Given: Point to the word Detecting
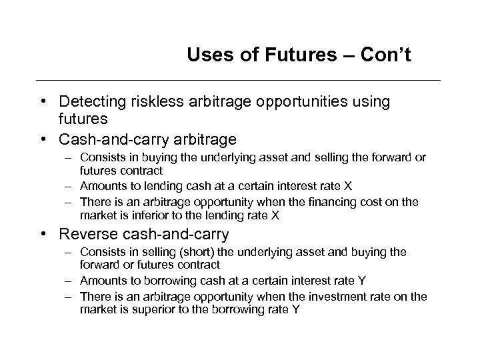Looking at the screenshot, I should [x=90, y=101].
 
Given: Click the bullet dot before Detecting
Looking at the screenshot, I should [x=43, y=101].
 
